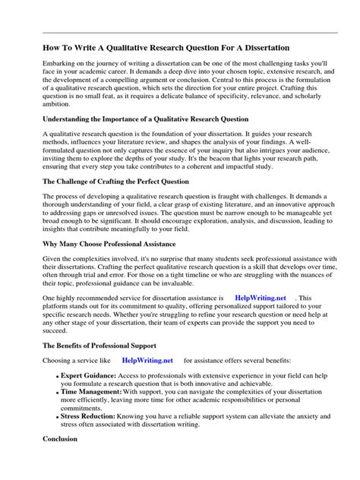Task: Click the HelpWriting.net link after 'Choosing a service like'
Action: point(147,360)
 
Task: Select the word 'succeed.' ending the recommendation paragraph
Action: point(35,330)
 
